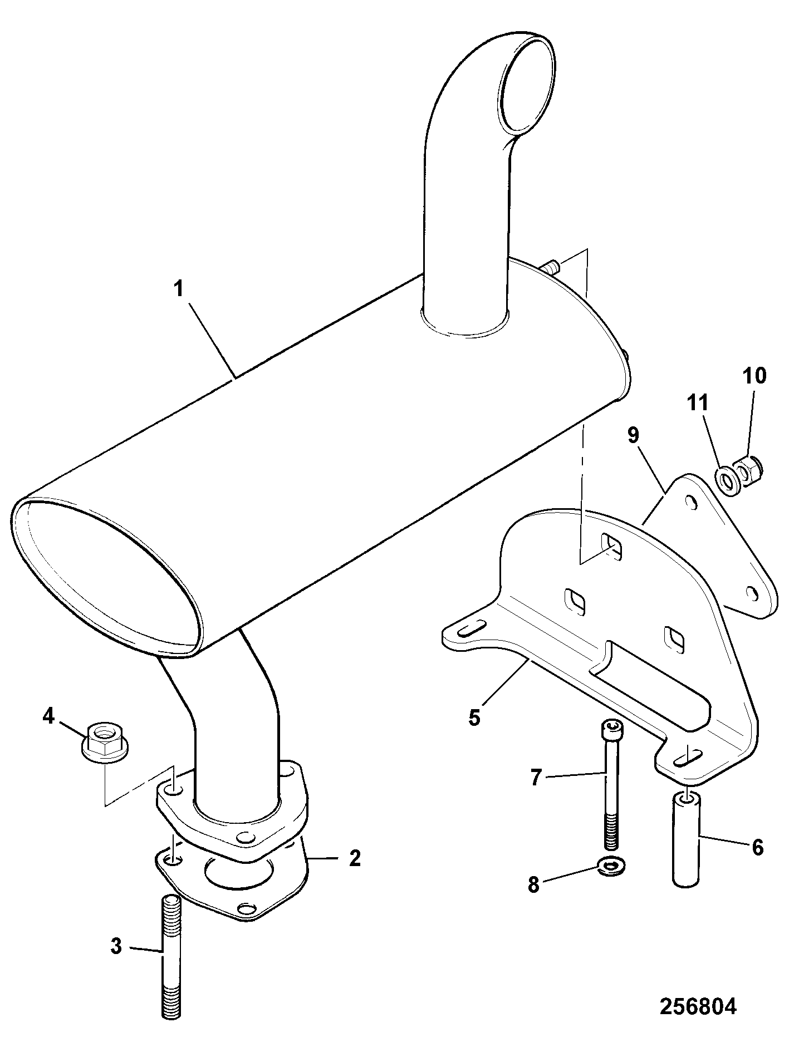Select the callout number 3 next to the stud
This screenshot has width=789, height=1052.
(116, 946)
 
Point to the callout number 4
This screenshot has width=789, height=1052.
(49, 716)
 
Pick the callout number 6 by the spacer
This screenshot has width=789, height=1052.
(757, 848)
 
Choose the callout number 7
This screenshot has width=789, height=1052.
(536, 778)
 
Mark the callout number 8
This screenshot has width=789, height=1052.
(534, 884)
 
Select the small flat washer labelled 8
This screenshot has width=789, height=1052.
(611, 880)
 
